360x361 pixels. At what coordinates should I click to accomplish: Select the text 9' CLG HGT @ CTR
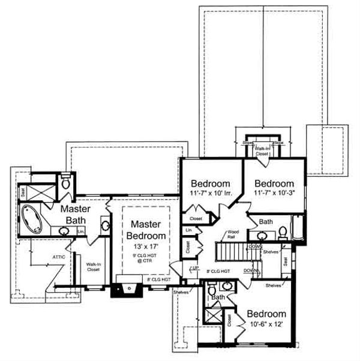(144, 260)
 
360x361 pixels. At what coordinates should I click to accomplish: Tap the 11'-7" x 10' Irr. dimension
(211, 194)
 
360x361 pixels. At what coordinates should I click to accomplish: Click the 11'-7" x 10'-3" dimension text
(273, 194)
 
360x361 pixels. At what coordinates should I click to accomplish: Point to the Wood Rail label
(234, 235)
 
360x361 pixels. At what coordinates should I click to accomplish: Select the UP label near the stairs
(194, 267)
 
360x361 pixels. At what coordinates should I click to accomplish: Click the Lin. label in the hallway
(189, 230)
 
